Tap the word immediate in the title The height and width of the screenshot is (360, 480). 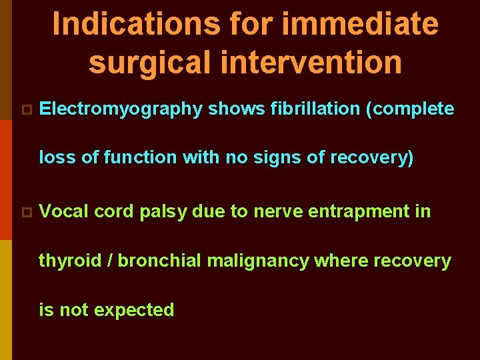361,24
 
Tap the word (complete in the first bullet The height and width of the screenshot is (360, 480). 410,109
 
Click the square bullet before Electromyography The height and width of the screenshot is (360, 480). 26,109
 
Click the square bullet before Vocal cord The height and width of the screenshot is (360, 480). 26,212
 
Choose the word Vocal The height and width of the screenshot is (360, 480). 64,211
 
